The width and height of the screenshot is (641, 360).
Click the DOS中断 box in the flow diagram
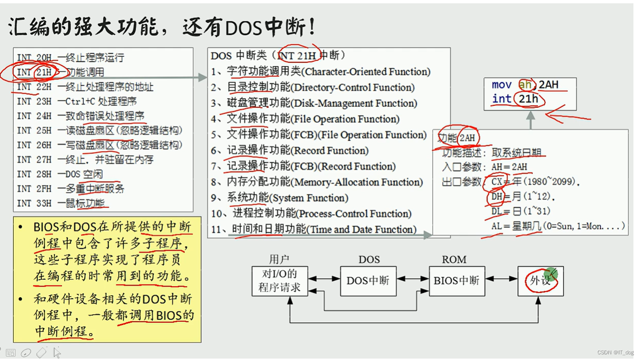point(368,281)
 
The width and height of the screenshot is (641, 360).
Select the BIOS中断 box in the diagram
point(456,281)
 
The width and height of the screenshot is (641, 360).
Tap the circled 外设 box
point(540,281)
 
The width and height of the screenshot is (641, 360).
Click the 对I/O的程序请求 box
point(279,281)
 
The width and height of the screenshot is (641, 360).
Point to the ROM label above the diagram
point(454,260)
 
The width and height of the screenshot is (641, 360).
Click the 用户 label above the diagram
point(279,259)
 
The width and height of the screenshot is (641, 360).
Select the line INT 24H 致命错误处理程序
point(80,116)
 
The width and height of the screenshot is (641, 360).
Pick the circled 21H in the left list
point(43,72)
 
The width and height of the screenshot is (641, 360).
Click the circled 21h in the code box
point(528,99)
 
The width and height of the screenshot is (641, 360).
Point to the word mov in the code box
point(501,85)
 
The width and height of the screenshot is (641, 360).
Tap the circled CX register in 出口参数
point(497,182)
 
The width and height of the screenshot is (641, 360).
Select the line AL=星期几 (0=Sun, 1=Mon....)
point(558,226)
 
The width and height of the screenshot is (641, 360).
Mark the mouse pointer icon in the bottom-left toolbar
point(57,352)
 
